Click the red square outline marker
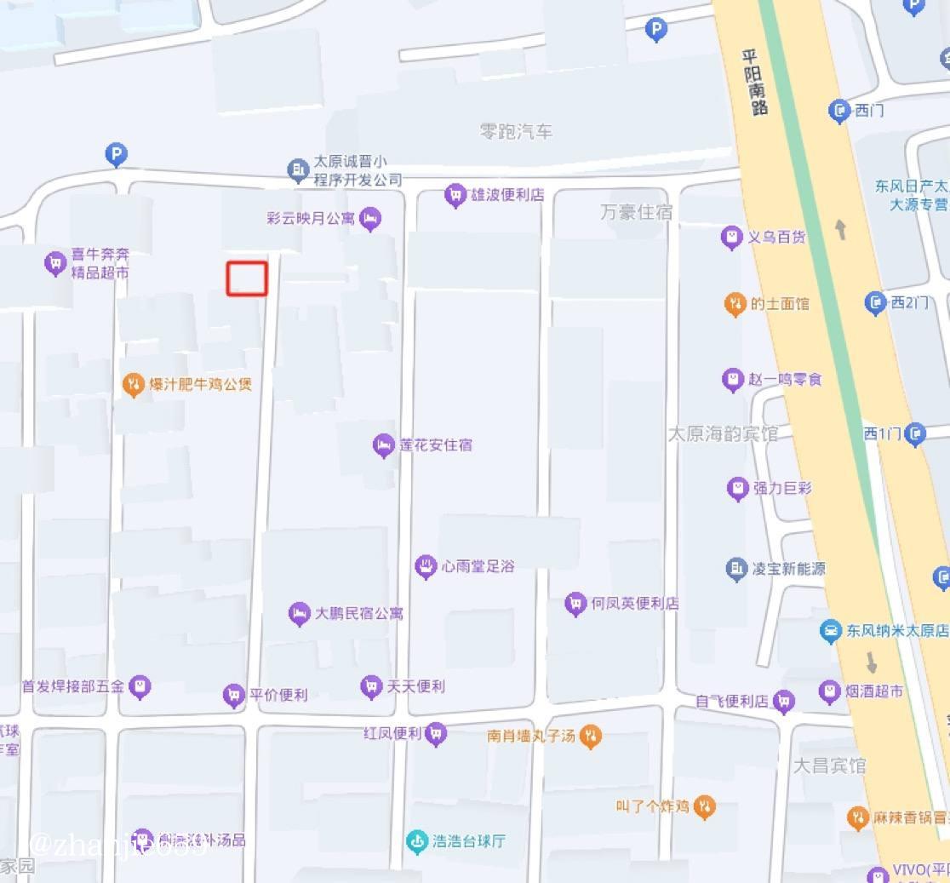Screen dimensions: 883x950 point(247,278)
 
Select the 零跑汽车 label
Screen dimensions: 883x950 point(516,132)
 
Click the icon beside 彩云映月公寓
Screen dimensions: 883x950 point(369,219)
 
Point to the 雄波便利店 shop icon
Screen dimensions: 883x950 point(455,195)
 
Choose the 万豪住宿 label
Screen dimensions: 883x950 point(636,212)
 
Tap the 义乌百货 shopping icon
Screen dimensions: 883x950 point(731,238)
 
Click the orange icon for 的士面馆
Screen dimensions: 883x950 point(735,304)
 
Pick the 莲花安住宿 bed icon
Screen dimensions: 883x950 point(383,444)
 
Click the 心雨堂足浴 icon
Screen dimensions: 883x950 point(426,566)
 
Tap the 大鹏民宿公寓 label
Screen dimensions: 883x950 point(358,613)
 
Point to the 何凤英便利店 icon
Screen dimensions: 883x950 point(575,604)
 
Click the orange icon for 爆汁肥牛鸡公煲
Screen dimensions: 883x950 point(133,385)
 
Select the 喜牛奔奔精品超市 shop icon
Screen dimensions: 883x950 point(55,263)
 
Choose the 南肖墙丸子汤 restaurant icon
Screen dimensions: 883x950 point(590,736)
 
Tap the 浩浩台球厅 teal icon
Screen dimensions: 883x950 point(416,841)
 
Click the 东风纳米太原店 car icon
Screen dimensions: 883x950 point(829,631)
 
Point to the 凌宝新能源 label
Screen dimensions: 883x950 point(787,569)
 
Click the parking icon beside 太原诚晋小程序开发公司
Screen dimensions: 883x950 point(116,155)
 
